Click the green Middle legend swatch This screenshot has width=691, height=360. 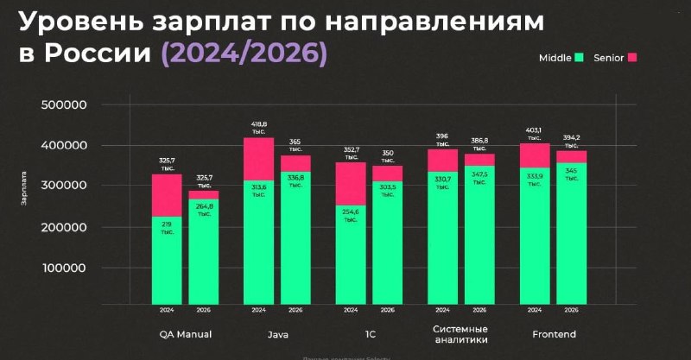[x=580, y=57]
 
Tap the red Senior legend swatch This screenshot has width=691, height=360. [x=631, y=57]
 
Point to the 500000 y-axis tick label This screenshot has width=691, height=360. [x=64, y=105]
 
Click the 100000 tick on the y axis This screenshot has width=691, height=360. [x=64, y=268]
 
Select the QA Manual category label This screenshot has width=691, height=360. [x=186, y=333]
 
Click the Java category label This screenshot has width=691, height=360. [x=277, y=333]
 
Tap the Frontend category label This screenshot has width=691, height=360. [x=553, y=333]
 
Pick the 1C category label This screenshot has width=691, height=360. [x=369, y=333]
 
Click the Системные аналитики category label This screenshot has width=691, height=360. [x=460, y=334]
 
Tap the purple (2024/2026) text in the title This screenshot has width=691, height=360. [x=244, y=54]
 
